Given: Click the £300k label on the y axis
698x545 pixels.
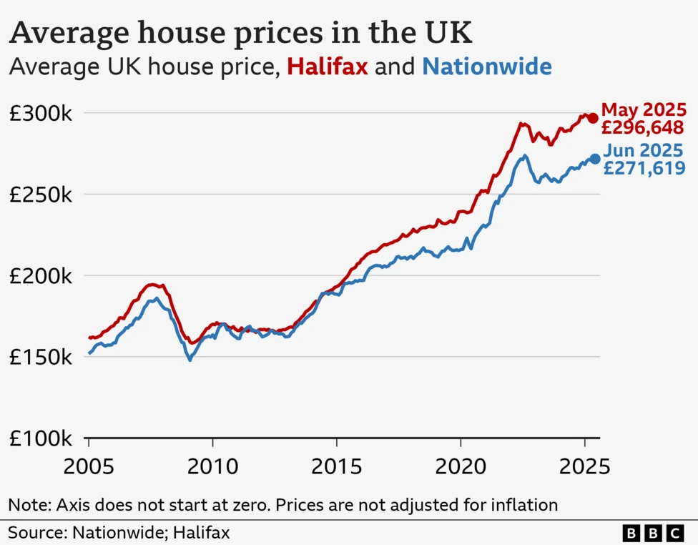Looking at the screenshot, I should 40,114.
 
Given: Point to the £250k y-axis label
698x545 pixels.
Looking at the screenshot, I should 40,195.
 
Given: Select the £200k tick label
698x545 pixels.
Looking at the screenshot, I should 40,276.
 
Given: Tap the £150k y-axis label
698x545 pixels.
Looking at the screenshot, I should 40,358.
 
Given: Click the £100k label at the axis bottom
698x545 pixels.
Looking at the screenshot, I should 40,438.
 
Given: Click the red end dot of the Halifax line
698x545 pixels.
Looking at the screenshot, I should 593,118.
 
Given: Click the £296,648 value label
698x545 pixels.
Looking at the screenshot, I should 644,128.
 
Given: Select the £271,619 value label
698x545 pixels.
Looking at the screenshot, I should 644,169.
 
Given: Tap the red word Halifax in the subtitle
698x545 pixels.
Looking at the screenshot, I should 328,68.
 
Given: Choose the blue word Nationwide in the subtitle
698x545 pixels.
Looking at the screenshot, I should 487,68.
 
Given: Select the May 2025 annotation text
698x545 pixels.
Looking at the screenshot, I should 644,110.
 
